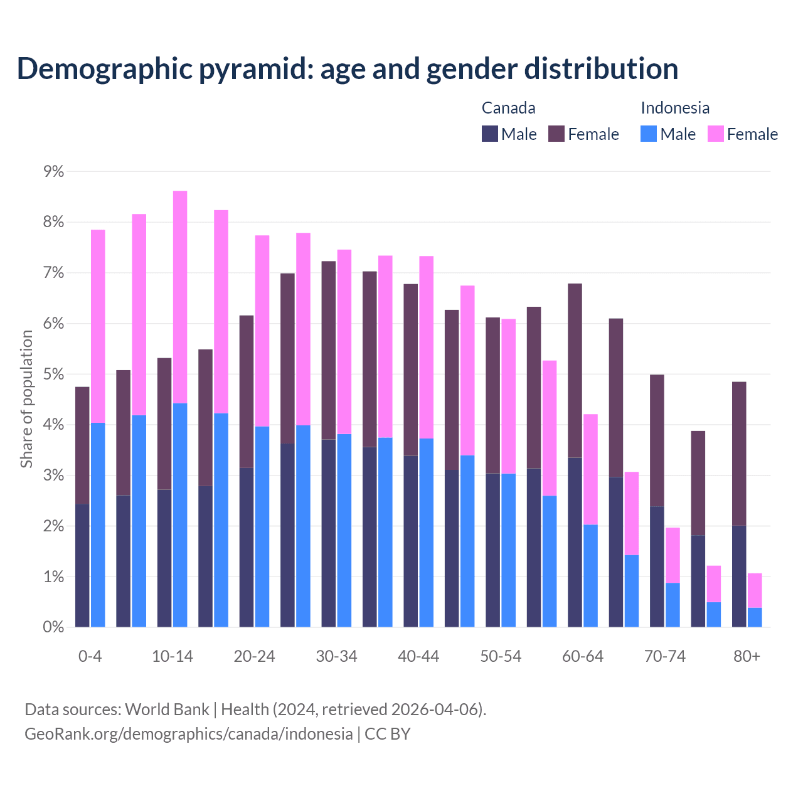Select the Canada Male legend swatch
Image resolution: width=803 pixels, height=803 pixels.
coord(489,134)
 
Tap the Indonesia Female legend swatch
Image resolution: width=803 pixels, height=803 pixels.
coord(715,134)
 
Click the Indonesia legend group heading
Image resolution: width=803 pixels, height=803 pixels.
coord(675,108)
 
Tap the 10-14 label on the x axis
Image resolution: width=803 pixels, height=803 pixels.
coord(173,657)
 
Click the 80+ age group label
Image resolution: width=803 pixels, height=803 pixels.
coord(747,657)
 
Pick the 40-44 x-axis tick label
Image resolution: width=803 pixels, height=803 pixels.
coord(418,657)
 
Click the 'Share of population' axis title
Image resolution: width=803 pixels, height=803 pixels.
coord(26,399)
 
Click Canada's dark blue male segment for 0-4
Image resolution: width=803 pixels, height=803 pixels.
coord(82,565)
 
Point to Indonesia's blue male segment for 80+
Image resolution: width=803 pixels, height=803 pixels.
coord(755,617)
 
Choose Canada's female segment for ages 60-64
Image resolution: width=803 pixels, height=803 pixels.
coord(575,371)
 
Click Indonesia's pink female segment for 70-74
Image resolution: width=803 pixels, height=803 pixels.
coord(673,555)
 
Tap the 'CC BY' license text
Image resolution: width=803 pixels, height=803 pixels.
coord(388,734)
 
